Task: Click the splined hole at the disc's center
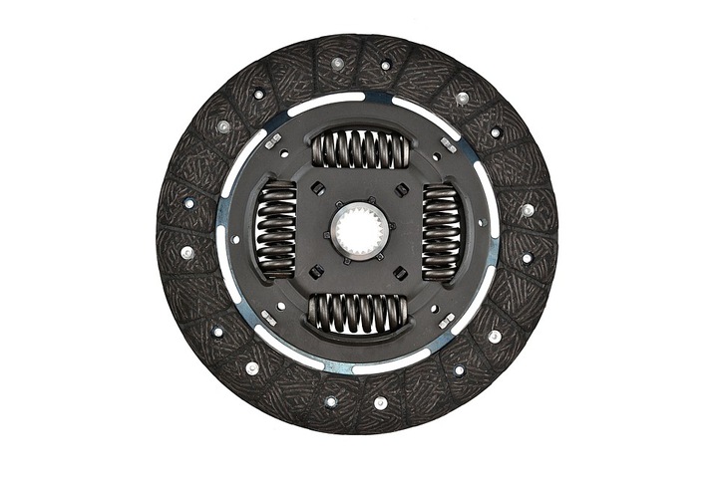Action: click(x=356, y=231)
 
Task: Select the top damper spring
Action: click(x=360, y=149)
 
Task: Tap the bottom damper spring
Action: click(x=357, y=312)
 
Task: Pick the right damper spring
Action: click(x=440, y=232)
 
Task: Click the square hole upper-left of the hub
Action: click(x=315, y=189)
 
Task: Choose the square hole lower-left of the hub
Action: click(x=315, y=272)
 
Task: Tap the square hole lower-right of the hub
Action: click(x=400, y=273)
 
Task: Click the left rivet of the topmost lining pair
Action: click(x=338, y=63)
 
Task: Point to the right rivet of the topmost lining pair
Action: click(x=385, y=66)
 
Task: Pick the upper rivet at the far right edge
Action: click(x=528, y=210)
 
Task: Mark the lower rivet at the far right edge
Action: click(x=526, y=258)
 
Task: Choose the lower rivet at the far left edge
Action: click(x=186, y=253)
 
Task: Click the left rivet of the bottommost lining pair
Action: click(x=331, y=400)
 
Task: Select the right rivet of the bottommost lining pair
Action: click(x=380, y=402)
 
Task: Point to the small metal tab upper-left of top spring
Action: click(x=272, y=140)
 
